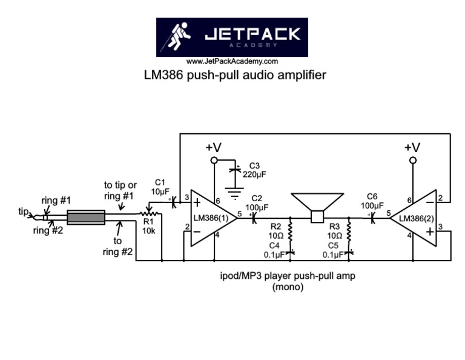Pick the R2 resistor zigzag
pyautogui.click(x=291, y=230)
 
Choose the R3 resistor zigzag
pyautogui.click(x=348, y=230)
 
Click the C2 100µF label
pyautogui.click(x=257, y=203)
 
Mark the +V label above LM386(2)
pyautogui.click(x=412, y=147)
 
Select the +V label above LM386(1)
pyautogui.click(x=213, y=147)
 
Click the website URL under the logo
pyautogui.click(x=232, y=61)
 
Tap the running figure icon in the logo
pyautogui.click(x=180, y=37)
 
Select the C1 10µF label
pyautogui.click(x=160, y=187)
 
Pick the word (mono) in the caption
pyautogui.click(x=287, y=288)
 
